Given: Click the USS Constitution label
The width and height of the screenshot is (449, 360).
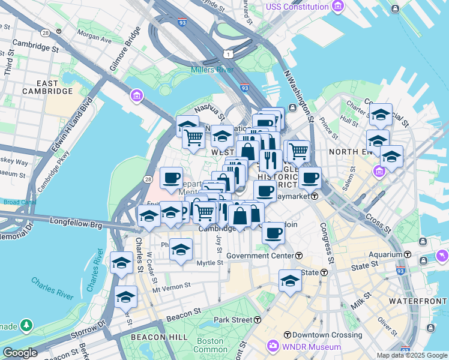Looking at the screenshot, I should [x=298, y=7].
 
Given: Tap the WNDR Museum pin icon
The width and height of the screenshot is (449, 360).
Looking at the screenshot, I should [x=273, y=346].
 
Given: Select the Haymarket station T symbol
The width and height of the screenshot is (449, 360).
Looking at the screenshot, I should [x=314, y=196].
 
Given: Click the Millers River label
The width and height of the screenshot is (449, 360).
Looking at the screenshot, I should [x=212, y=70].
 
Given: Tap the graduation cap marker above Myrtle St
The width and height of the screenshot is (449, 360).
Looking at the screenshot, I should [x=181, y=249].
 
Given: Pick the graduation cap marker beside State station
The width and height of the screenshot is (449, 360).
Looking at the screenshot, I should [x=290, y=280].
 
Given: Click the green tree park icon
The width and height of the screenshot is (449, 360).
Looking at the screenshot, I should [x=26, y=325].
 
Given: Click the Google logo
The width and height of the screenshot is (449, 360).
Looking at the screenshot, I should [x=20, y=353].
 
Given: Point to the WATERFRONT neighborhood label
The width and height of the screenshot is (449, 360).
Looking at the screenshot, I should [x=418, y=300].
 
